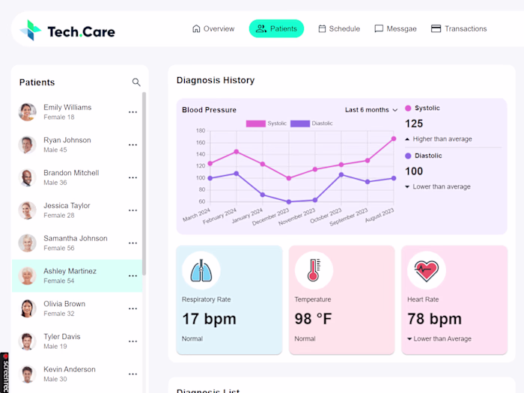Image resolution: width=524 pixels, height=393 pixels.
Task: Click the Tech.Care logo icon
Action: pos(31,30)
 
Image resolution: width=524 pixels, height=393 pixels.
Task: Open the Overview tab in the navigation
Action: pos(213,28)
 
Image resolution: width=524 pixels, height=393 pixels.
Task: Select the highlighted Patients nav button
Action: pos(276,28)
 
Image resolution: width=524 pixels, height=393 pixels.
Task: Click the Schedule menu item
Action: pos(339,28)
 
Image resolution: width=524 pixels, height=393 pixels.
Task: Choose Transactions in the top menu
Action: pos(459,28)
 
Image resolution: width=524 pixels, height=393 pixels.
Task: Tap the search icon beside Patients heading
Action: pos(136,82)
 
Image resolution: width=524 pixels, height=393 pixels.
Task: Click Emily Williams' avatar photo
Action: pos(28,112)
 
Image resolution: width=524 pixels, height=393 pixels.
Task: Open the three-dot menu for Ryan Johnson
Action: pos(132,145)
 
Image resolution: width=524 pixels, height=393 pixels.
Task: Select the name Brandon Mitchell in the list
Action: pos(71,173)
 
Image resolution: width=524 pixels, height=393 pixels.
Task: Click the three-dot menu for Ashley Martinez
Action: pos(132,276)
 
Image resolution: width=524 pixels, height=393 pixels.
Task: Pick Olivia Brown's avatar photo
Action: pos(28,308)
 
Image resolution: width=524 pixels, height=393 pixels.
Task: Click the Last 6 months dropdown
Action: pos(371,110)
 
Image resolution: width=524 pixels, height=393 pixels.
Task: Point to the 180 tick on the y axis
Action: pos(200,131)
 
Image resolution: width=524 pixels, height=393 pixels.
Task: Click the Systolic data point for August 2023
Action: pos(394,138)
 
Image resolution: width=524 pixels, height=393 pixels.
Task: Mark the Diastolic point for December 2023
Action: pos(289,201)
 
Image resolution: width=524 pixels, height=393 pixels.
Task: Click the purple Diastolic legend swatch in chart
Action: pos(299,124)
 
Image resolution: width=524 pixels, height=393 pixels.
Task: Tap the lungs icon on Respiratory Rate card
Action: pos(201,270)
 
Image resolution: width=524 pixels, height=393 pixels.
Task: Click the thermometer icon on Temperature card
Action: pos(314,270)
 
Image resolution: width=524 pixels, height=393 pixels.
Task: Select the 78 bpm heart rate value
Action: pos(434,319)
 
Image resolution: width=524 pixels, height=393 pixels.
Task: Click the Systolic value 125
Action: pos(414,124)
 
